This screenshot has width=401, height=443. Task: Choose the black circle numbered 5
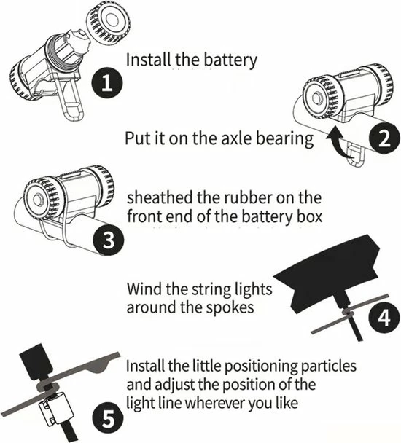click(107, 419)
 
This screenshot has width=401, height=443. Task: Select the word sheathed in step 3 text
click(157, 197)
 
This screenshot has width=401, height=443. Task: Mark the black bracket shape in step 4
click(332, 281)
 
